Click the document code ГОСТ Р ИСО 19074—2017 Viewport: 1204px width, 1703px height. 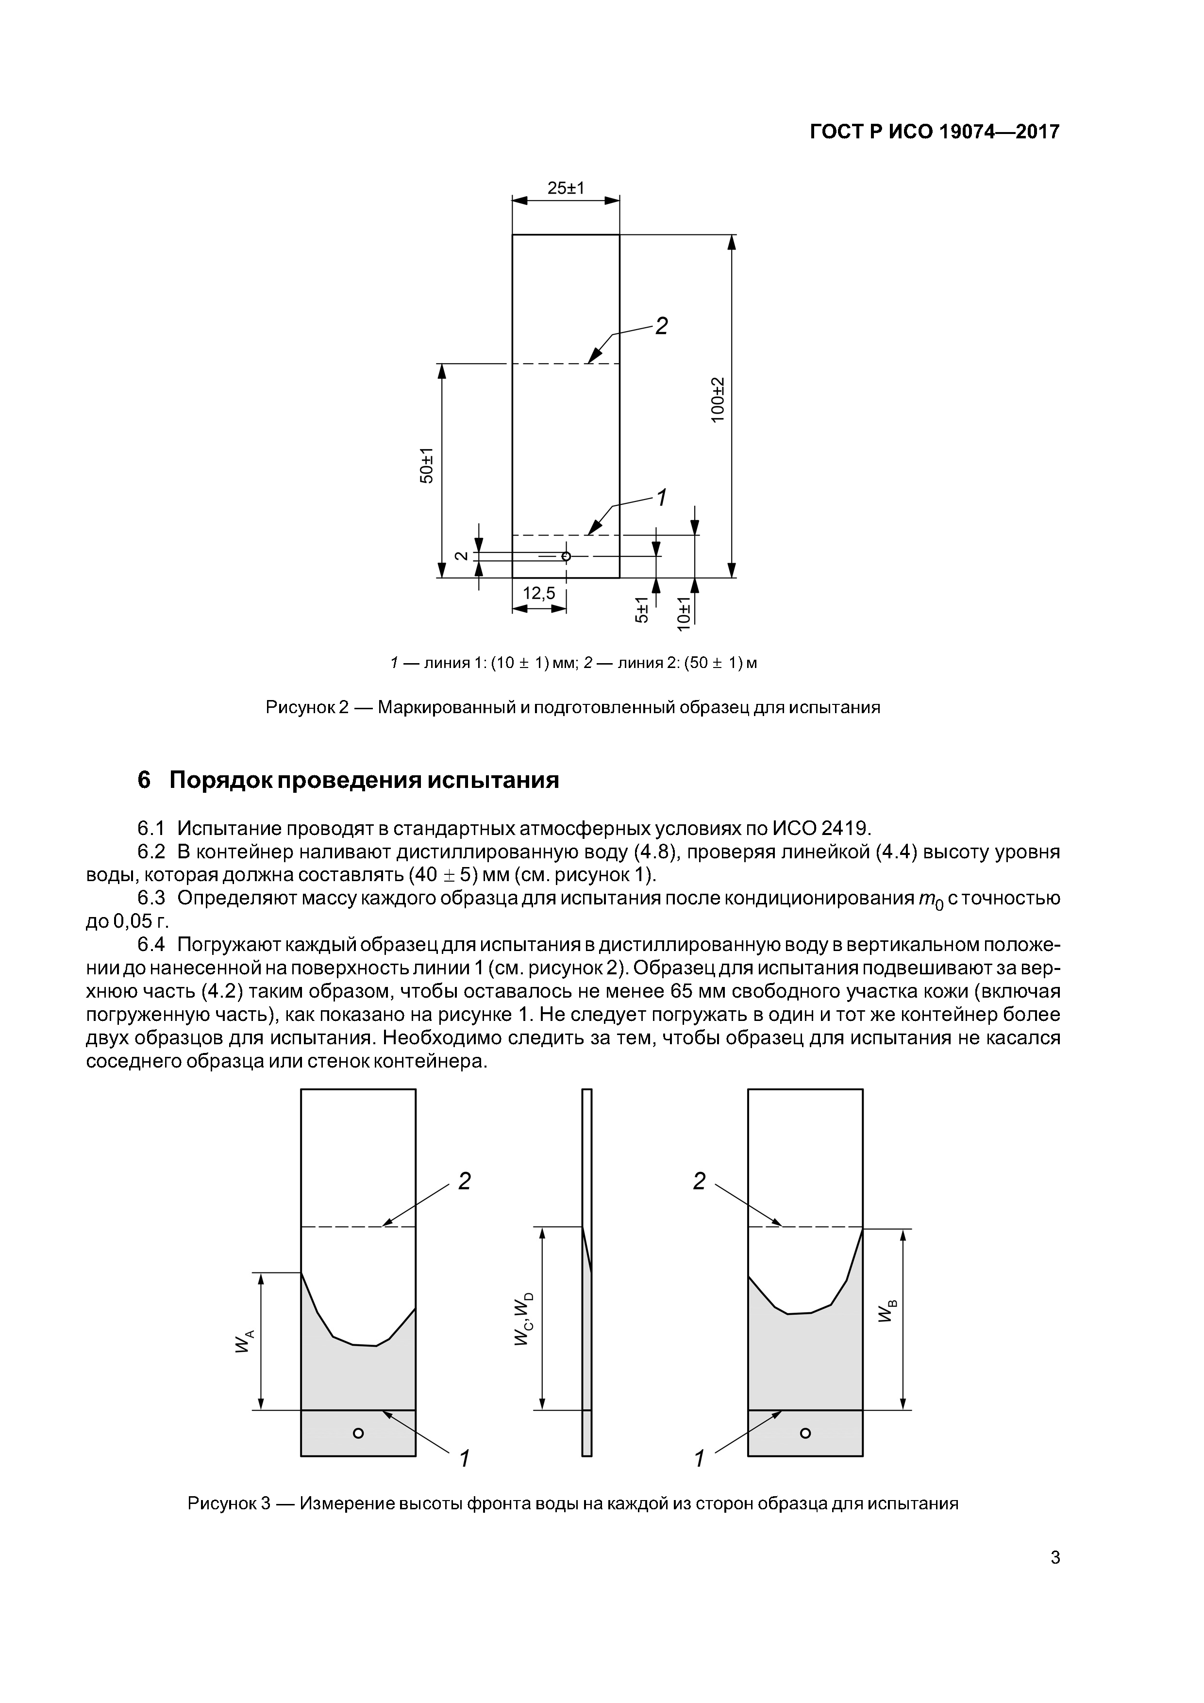point(934,132)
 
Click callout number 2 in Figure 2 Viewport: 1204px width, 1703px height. point(660,326)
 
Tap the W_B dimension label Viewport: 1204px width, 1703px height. point(887,1310)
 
